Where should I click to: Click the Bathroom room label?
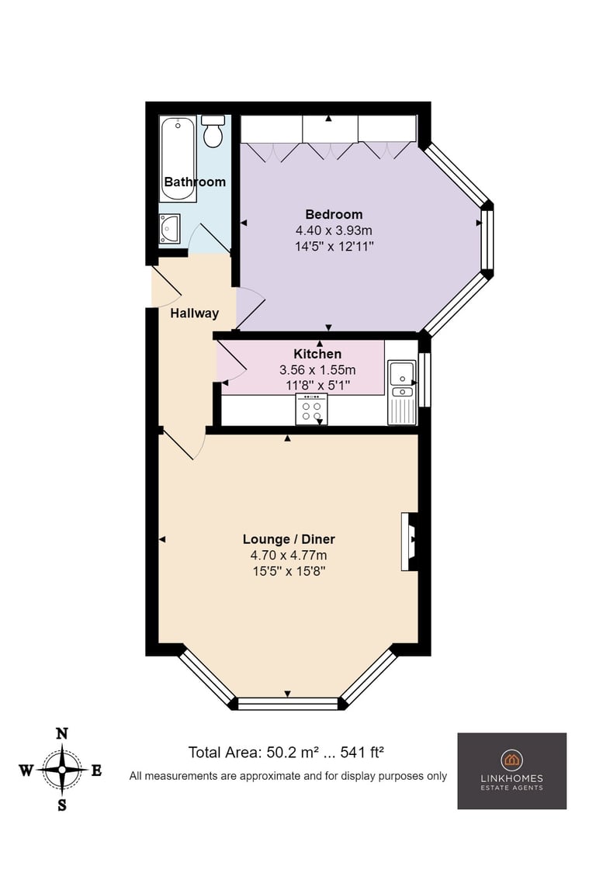(195, 182)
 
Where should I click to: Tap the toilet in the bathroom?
(213, 131)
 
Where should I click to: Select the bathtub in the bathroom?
(178, 159)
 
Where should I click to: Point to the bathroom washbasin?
(169, 229)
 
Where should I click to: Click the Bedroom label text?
(334, 215)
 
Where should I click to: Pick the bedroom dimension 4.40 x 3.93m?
(334, 230)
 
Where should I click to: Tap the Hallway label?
(195, 313)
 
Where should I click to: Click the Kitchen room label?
(317, 354)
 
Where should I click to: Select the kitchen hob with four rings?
(312, 410)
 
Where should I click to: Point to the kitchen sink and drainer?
(403, 393)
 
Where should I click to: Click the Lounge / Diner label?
(289, 539)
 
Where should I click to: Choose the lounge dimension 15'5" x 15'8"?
(289, 571)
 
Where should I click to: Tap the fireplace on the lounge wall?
(410, 542)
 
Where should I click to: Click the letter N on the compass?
(62, 734)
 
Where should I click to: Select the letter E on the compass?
(96, 771)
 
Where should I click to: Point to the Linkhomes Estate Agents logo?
(512, 771)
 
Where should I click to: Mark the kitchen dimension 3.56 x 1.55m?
(317, 370)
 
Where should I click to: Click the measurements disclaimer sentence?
(289, 776)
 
